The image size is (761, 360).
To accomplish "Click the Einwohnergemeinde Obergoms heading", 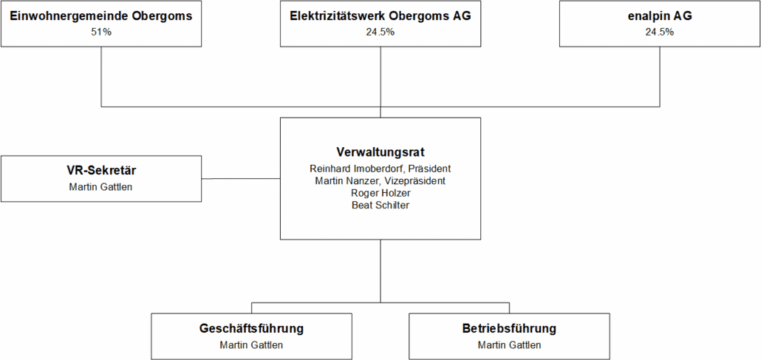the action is click(x=101, y=16).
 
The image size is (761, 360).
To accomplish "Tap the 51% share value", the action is click(x=101, y=32).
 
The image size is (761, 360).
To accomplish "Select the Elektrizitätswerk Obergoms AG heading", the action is click(x=380, y=16).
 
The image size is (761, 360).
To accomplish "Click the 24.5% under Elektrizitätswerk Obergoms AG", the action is click(x=380, y=32).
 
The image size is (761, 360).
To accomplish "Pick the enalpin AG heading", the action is click(x=660, y=16).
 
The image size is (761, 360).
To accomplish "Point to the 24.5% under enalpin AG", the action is click(x=660, y=32).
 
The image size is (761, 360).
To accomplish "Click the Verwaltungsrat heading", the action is click(x=380, y=152).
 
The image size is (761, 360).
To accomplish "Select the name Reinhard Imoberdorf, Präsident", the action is click(x=380, y=169).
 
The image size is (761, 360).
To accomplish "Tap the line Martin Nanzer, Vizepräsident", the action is click(x=380, y=180).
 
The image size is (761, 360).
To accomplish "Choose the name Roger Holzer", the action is click(x=380, y=193).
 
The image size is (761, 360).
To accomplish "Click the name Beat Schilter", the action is click(x=380, y=205).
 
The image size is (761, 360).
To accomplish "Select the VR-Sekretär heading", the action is click(x=101, y=170).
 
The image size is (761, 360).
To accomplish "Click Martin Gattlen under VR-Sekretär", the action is click(x=101, y=186).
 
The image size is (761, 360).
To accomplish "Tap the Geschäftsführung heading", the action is click(x=251, y=328).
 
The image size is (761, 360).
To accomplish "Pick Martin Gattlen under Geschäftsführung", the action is click(x=251, y=345).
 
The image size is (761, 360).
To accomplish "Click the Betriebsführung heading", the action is click(x=509, y=328).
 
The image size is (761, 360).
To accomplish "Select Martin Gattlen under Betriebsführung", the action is click(x=509, y=345).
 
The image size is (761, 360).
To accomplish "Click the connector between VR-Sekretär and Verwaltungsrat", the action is click(x=241, y=179).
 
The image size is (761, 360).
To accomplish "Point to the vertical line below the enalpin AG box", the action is click(x=660, y=77).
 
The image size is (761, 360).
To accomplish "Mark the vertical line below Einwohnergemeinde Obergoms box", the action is click(x=101, y=77).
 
